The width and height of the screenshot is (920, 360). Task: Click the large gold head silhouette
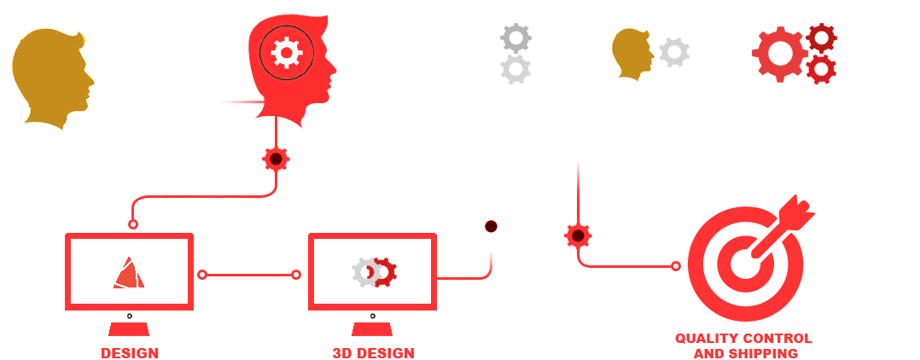pos(51,78)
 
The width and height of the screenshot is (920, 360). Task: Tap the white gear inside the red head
pos(287,53)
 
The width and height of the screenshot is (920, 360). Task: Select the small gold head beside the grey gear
pos(632,54)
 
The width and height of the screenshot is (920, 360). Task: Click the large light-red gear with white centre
pos(780,54)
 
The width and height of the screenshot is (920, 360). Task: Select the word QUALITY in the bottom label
pos(700,339)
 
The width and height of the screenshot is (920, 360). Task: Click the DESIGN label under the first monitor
pos(130,353)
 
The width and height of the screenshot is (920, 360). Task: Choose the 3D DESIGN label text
pos(373,353)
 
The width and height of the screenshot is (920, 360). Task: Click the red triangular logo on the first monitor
pos(129,273)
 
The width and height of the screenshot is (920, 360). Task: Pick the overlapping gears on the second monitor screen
pos(375,273)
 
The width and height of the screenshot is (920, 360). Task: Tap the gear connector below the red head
pos(276,159)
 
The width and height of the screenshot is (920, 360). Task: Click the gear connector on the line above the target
pos(578,235)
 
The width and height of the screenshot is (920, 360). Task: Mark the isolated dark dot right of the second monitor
pos(491,226)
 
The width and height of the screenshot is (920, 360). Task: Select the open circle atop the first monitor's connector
pos(133,224)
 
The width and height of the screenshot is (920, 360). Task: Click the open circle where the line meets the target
pos(676,266)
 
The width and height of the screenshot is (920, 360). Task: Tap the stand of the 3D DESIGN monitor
pos(373,329)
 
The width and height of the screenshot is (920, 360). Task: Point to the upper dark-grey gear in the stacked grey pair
pos(515,38)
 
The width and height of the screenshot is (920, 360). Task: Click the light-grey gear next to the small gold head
pos(674,52)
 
